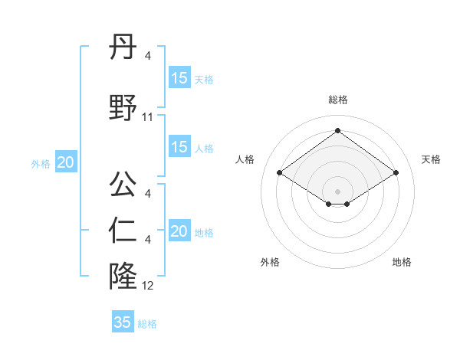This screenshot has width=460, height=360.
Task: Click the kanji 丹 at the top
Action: (x=123, y=47)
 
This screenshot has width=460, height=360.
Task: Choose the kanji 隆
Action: (x=123, y=273)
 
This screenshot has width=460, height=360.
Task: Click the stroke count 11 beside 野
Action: (x=148, y=117)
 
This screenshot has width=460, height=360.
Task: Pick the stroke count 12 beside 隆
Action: (x=148, y=286)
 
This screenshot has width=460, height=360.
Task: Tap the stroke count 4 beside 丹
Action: (x=148, y=55)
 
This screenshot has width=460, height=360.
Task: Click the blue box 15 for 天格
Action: (x=179, y=78)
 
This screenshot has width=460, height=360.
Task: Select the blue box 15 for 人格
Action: (x=179, y=147)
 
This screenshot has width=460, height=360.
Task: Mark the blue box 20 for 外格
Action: (x=66, y=162)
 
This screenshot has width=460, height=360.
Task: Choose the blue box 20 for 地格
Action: (x=179, y=231)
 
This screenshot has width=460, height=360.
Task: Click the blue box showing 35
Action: (x=123, y=322)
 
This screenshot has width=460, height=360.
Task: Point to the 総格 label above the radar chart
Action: (x=338, y=100)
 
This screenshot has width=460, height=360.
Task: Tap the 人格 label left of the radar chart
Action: (x=245, y=159)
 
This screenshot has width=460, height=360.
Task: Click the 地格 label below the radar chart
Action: (x=402, y=262)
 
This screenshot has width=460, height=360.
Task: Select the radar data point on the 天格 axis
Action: (x=396, y=173)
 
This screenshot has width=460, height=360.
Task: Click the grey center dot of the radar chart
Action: (x=338, y=190)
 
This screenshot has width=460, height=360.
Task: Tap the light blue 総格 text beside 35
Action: (x=147, y=324)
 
